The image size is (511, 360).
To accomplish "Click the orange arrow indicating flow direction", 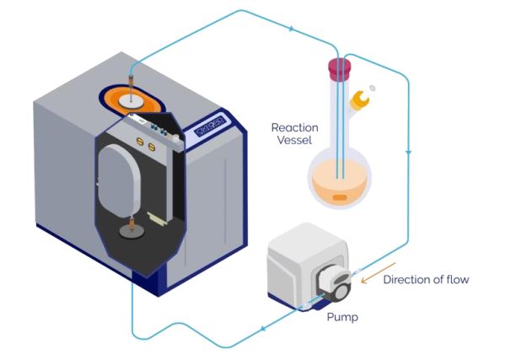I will tap(368, 271).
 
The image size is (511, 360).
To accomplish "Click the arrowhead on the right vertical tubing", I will tap(408, 153).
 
